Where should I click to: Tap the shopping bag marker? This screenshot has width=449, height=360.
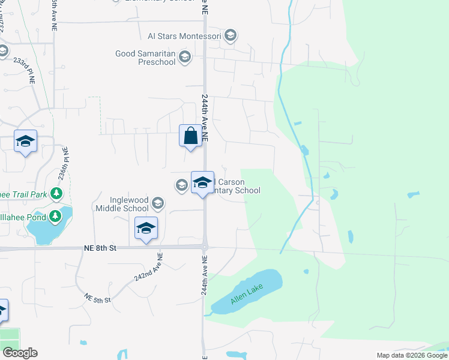click(x=190, y=135)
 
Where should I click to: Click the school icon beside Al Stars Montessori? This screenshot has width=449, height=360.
click(x=231, y=36)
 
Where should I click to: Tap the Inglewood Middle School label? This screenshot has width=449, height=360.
click(x=122, y=204)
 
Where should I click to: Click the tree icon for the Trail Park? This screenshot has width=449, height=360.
click(x=56, y=193)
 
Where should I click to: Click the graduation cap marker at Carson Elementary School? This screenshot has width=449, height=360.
click(x=202, y=182)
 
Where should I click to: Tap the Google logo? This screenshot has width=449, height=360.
click(x=20, y=353)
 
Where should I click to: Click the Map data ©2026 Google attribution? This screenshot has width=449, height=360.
click(x=412, y=355)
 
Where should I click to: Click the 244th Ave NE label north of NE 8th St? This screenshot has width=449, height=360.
click(x=205, y=117)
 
